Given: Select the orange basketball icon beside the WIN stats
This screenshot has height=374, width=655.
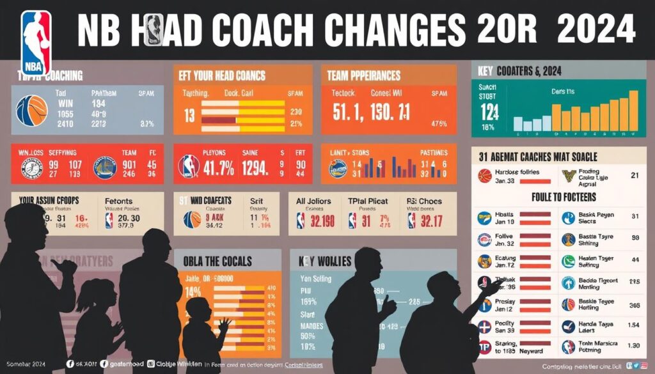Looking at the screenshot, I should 31,111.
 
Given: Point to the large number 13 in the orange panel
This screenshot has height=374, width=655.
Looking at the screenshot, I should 189,116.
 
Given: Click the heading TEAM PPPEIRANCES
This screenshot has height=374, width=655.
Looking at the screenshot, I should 363,75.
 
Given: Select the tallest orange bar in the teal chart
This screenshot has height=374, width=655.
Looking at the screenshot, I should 633,111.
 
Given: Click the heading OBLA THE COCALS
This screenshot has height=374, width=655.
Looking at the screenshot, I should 217,261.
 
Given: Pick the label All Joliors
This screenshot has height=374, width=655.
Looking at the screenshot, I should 314,201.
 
